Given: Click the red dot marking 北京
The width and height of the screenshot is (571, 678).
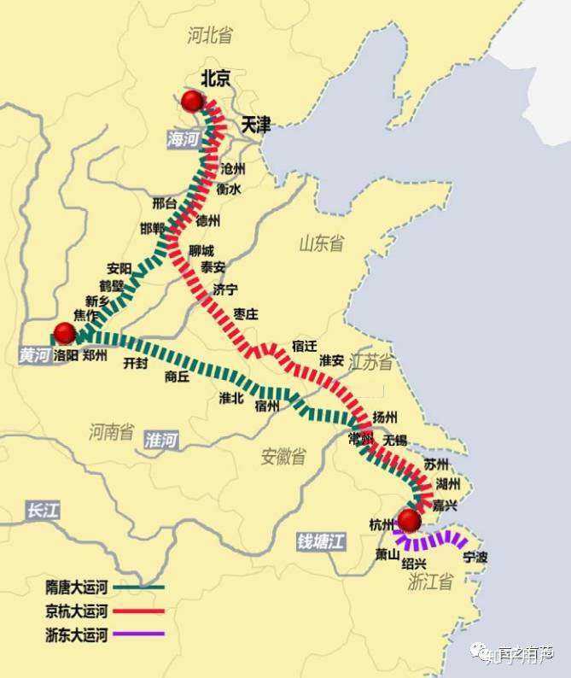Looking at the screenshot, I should pos(192,102).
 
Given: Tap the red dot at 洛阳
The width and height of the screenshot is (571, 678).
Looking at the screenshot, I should pos(64,334).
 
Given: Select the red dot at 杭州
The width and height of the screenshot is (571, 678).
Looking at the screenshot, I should pos(410,521).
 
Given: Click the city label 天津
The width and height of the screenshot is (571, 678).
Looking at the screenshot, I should pos(254,125).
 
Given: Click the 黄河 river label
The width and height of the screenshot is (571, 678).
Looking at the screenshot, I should pos(34,356).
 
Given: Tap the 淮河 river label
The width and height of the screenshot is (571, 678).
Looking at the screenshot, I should pos(161,441).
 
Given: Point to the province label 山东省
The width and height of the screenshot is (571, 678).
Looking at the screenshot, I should pos(321,244).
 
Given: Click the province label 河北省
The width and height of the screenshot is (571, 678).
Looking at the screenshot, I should pos(210,35).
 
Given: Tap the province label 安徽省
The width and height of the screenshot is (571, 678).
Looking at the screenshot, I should pos(283,456).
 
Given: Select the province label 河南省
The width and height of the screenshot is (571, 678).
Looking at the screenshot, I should pos(111,432).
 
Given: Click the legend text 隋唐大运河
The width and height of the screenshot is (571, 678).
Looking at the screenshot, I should pos(77,587).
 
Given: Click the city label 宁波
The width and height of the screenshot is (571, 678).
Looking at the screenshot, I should pos(475,557).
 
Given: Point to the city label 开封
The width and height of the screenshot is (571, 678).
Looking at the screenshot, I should pos(136,363).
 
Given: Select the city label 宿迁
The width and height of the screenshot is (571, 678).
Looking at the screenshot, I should pos(304,346).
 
